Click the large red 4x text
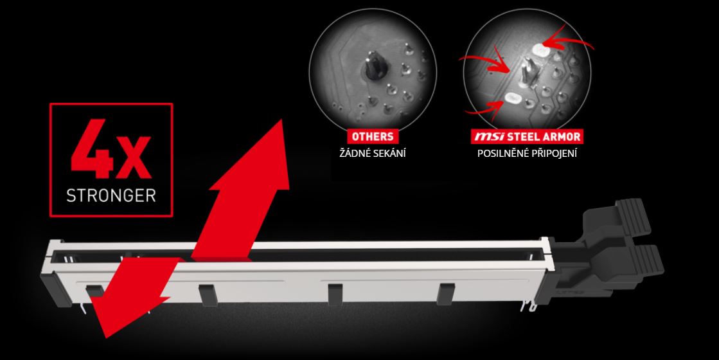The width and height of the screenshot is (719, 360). click(111, 149)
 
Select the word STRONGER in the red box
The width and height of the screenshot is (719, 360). click(111, 195)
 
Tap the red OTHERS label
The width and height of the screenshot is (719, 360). click(372, 136)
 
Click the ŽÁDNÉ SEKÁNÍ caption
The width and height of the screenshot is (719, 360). click(372, 153)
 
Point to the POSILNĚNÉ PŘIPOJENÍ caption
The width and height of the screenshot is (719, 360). click(527, 153)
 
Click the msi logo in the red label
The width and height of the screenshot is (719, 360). click(489, 137)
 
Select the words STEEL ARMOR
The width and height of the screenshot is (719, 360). click(544, 137)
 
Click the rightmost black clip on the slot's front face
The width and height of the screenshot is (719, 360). click(445, 294)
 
